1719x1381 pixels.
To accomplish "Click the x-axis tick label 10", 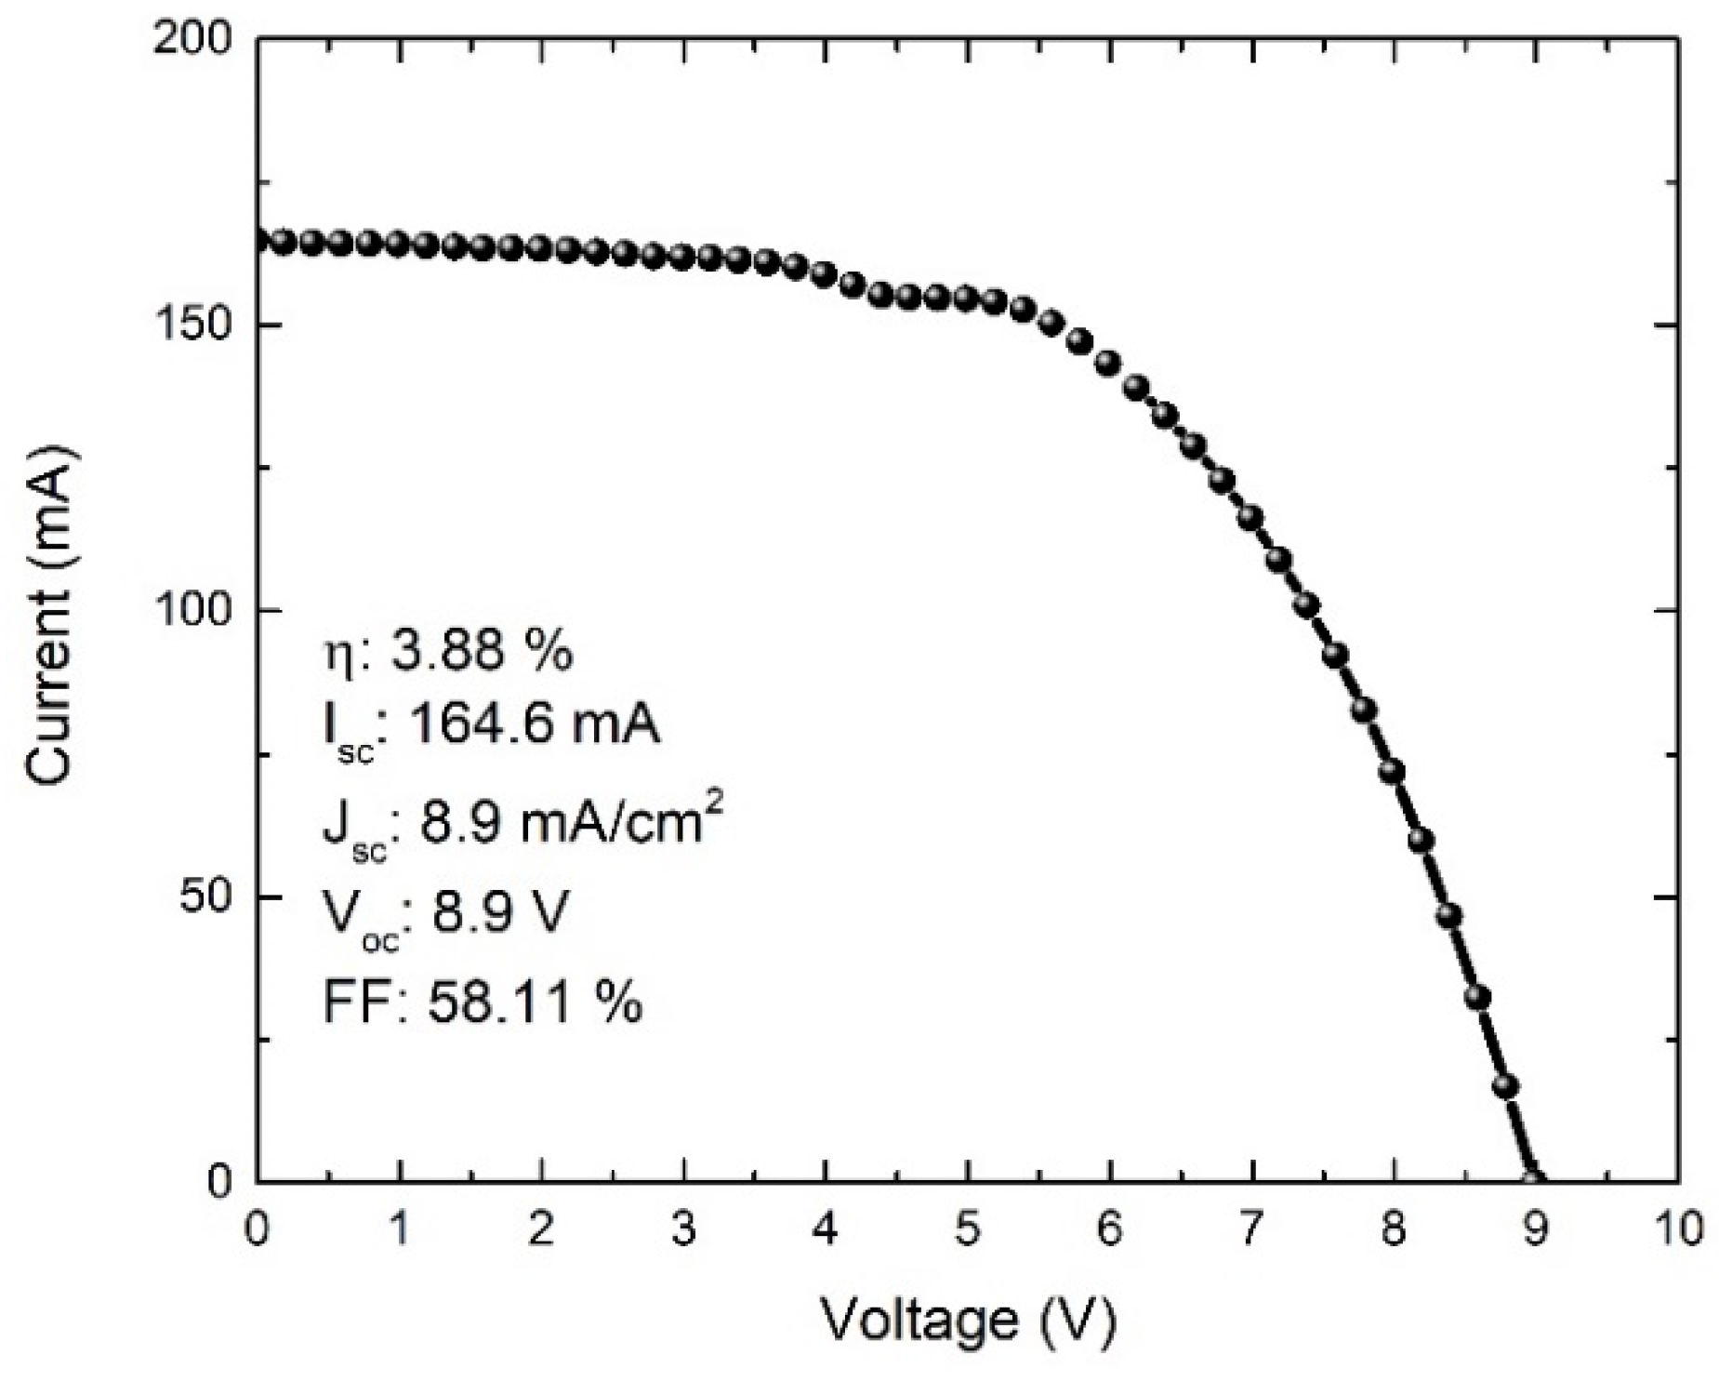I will pyautogui.click(x=1676, y=1229).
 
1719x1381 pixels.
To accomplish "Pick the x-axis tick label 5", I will pyautogui.click(x=967, y=1229).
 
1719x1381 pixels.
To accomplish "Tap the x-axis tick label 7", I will pyautogui.click(x=1251, y=1229).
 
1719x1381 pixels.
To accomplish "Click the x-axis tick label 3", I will pyautogui.click(x=683, y=1229).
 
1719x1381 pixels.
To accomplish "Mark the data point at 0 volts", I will pyautogui.click(x=259, y=241).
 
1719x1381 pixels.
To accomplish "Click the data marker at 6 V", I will pyautogui.click(x=1108, y=363).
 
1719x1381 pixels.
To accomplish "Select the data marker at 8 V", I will pyautogui.click(x=1392, y=771).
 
